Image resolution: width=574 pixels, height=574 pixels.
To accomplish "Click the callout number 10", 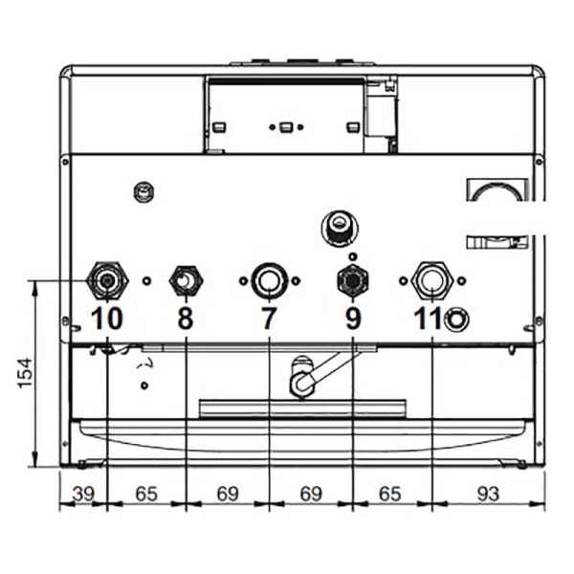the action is click(106, 319).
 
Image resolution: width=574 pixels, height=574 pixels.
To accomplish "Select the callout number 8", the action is click(186, 319).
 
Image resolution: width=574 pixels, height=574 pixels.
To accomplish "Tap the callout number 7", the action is click(269, 319).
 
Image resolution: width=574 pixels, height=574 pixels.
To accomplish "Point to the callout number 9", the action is click(353, 319).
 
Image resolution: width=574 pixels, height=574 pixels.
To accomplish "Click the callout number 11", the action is click(428, 319).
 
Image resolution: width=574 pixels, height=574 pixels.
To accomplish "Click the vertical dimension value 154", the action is click(25, 373).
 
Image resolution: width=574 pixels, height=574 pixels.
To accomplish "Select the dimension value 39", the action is click(84, 495).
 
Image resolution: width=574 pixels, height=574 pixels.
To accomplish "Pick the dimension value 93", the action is click(488, 495).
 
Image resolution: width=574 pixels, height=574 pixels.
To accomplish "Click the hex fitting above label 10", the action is click(107, 280).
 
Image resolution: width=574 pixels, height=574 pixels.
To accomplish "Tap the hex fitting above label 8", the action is click(186, 280).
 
